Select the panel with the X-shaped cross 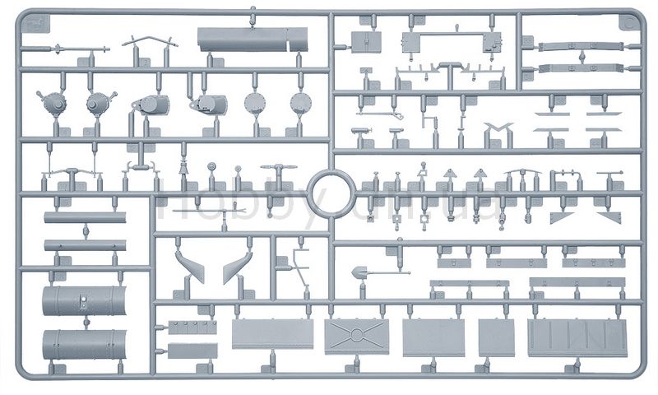(357, 335)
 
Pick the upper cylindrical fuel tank (84, 300)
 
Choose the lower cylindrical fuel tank (84, 344)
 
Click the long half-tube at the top (252, 39)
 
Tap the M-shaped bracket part (498, 130)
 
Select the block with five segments (192, 327)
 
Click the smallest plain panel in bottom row (496, 337)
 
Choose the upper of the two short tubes (85, 218)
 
